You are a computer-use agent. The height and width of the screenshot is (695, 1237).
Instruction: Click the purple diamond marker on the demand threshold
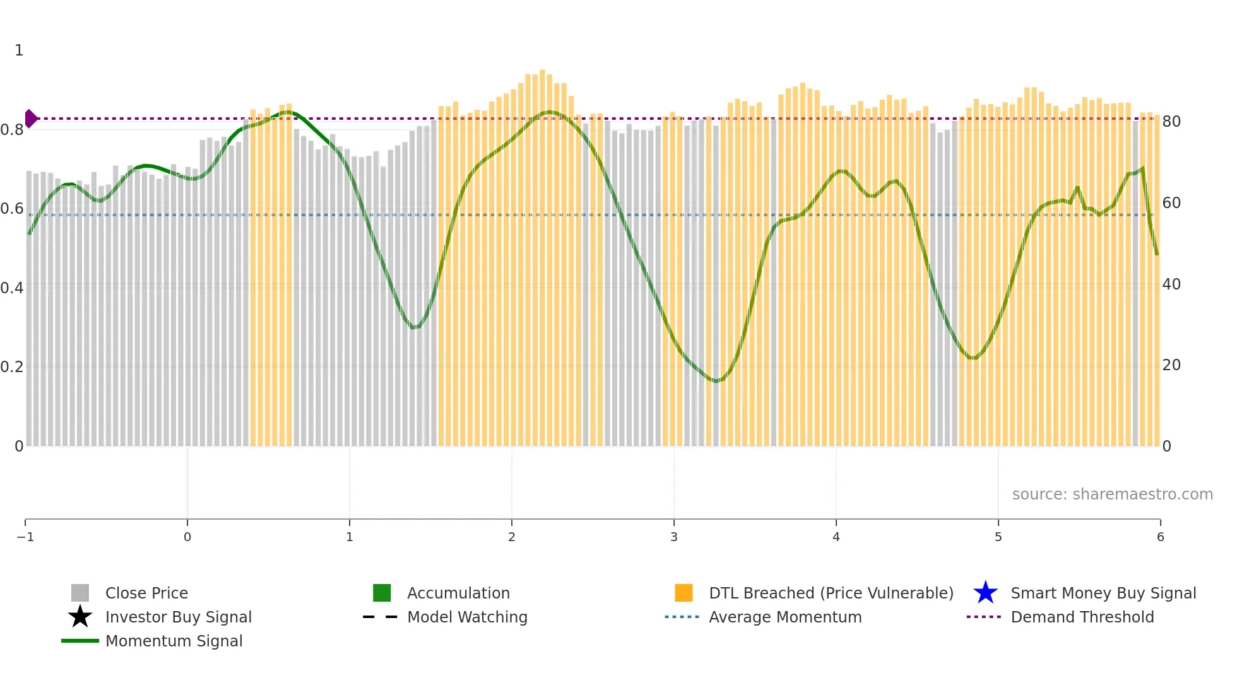pos(30,118)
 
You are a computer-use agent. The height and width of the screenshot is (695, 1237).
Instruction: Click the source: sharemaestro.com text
pos(1112,494)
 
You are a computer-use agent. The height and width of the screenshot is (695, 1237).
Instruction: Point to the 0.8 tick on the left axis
pos(12,130)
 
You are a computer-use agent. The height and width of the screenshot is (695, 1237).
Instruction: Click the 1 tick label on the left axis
pos(19,50)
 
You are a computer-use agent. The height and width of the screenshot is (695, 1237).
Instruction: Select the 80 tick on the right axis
pos(1171,122)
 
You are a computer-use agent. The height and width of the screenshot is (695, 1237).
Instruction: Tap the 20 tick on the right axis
pos(1171,365)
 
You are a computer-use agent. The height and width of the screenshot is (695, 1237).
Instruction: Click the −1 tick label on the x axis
pos(25,537)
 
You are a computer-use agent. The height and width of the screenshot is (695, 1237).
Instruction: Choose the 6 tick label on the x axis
pos(1160,537)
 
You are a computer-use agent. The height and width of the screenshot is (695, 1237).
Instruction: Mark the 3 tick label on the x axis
pos(673,537)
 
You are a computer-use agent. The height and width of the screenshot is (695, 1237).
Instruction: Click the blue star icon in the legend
pos(985,593)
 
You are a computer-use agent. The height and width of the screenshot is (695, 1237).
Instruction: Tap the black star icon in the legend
pos(80,617)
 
